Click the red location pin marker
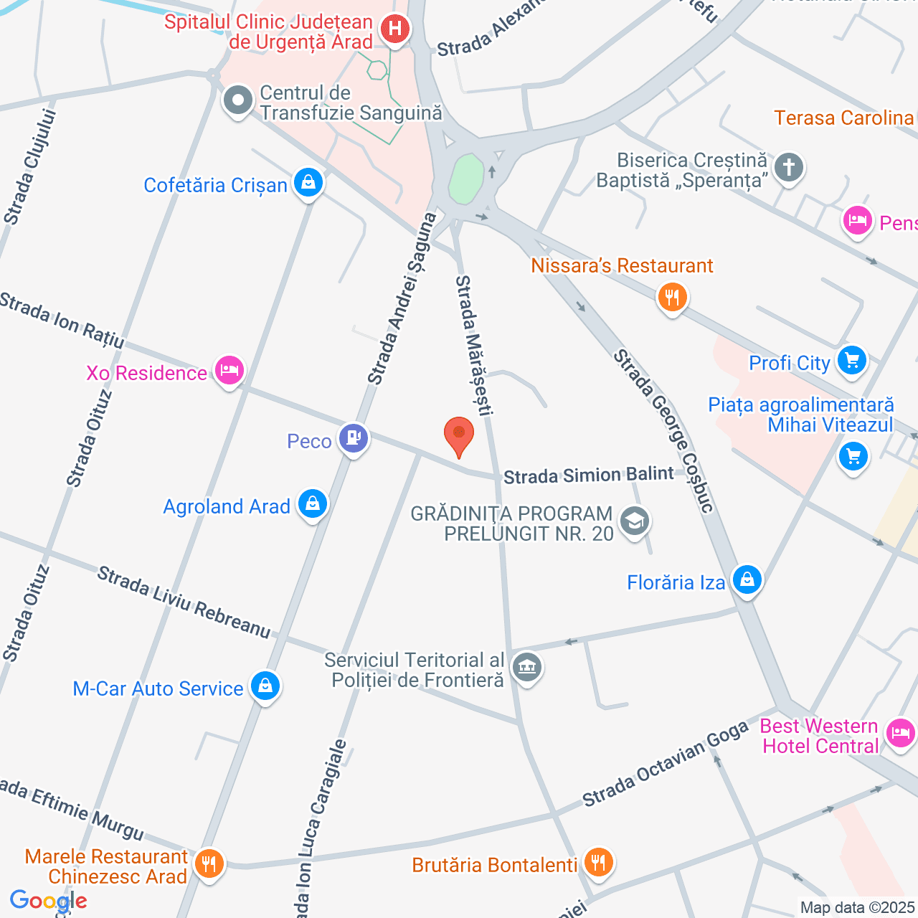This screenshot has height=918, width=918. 459,435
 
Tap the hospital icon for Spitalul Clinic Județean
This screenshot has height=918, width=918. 394,29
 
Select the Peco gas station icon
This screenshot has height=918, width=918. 353,437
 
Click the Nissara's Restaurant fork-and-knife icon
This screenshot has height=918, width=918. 672,295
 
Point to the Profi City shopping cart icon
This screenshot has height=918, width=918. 852,359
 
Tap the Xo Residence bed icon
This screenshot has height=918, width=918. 229,371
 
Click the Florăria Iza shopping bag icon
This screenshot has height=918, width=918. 747,579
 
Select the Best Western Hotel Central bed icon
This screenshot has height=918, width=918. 901,733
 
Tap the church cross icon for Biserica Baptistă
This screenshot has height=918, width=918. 789,168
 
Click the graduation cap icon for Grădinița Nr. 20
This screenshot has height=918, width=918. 635,521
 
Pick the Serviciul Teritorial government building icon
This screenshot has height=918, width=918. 527,668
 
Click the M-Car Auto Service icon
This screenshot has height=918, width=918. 265,686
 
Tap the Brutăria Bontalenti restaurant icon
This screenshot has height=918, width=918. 598,861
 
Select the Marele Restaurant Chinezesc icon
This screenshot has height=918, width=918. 209,863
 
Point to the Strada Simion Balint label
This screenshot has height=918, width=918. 588,475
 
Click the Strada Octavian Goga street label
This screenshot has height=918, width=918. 665,764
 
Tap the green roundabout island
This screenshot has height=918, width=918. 466,179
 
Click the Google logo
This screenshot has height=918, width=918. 48,901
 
